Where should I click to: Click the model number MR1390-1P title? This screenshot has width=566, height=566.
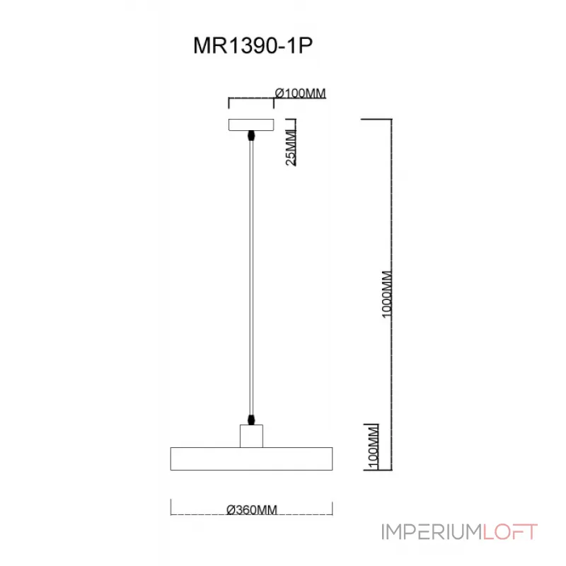(x=253, y=46)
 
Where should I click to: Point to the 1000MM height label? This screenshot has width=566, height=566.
(x=386, y=294)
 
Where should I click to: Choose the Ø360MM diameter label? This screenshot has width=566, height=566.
(x=252, y=509)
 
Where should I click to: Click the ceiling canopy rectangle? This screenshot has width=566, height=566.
(x=250, y=125)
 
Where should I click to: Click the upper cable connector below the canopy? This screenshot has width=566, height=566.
(x=250, y=135)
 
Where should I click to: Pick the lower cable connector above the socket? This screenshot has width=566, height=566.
(x=250, y=420)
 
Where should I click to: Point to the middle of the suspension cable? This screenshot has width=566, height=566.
(x=250, y=276)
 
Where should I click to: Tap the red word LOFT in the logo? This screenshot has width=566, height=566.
(x=510, y=531)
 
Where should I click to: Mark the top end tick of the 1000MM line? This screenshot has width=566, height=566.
(x=377, y=119)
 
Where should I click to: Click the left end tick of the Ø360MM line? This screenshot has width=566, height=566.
(x=172, y=507)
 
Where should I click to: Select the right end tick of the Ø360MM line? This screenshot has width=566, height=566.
(x=332, y=507)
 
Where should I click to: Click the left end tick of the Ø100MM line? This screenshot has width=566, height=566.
(x=228, y=103)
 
